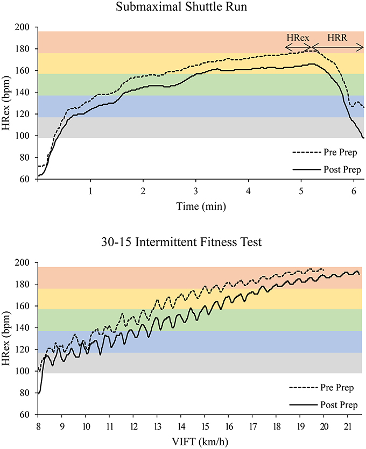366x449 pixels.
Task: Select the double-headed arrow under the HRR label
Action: click(x=337, y=49)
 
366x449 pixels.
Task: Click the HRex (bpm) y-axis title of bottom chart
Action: click(x=8, y=338)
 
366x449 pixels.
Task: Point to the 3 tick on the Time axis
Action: click(x=196, y=191)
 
